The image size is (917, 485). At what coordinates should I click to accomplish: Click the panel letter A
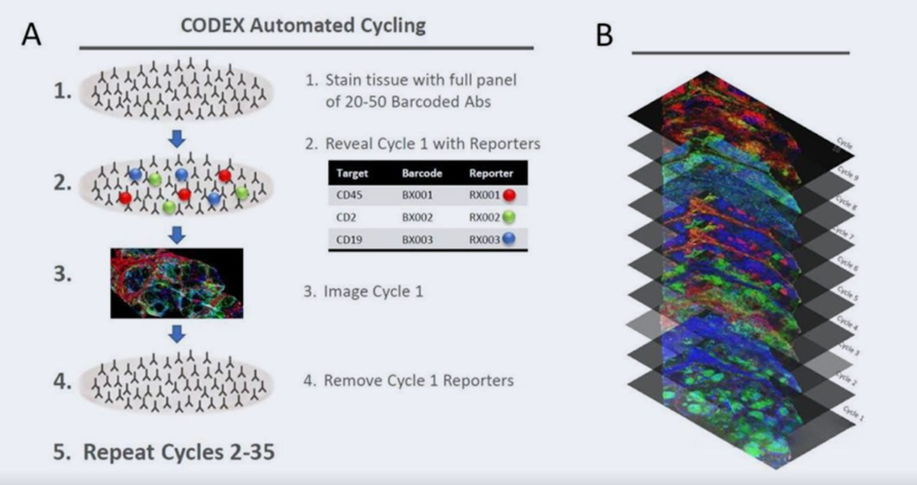tap(31, 35)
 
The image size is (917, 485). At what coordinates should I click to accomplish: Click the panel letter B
tap(604, 35)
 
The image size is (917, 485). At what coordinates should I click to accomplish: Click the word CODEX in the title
tap(212, 26)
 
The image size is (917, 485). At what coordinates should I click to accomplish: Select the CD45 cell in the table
tap(349, 195)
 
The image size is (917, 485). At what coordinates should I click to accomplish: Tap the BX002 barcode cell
tap(417, 217)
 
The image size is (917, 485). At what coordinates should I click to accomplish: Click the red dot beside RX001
tap(509, 195)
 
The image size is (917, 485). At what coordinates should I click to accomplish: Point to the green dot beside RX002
tap(509, 217)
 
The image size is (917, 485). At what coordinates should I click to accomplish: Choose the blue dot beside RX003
tap(509, 239)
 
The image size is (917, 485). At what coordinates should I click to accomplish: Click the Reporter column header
tap(491, 173)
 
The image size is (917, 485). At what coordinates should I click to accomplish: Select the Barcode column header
tap(422, 173)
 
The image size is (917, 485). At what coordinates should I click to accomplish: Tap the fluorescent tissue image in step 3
tap(177, 283)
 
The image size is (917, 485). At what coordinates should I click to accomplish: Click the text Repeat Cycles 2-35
tap(179, 452)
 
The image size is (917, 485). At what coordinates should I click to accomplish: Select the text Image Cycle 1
tap(373, 291)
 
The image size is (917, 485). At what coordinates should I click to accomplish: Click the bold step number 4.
tap(62, 381)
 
